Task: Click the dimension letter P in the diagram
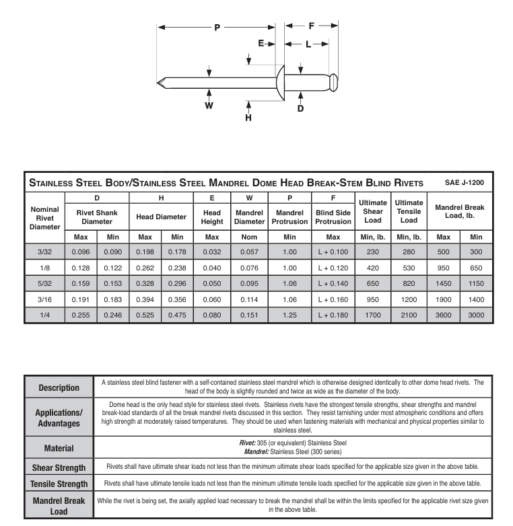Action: (x=217, y=28)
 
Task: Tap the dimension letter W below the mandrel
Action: (x=209, y=106)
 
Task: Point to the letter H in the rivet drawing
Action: (x=248, y=118)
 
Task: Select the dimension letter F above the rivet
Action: (x=312, y=26)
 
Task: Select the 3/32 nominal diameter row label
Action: (x=44, y=252)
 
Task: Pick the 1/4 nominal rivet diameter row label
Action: (x=44, y=315)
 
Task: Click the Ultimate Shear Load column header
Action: (x=372, y=211)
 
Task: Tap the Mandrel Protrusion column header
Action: (x=289, y=217)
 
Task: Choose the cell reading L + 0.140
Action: (x=333, y=283)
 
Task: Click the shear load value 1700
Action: (x=372, y=315)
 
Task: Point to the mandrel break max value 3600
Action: (x=443, y=315)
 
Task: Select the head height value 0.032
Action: (x=212, y=252)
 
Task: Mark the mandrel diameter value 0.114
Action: (x=249, y=299)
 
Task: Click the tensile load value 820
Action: (x=409, y=283)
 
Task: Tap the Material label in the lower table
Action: (x=59, y=447)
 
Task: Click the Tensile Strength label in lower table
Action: (x=59, y=484)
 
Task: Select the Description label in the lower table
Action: (x=59, y=387)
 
